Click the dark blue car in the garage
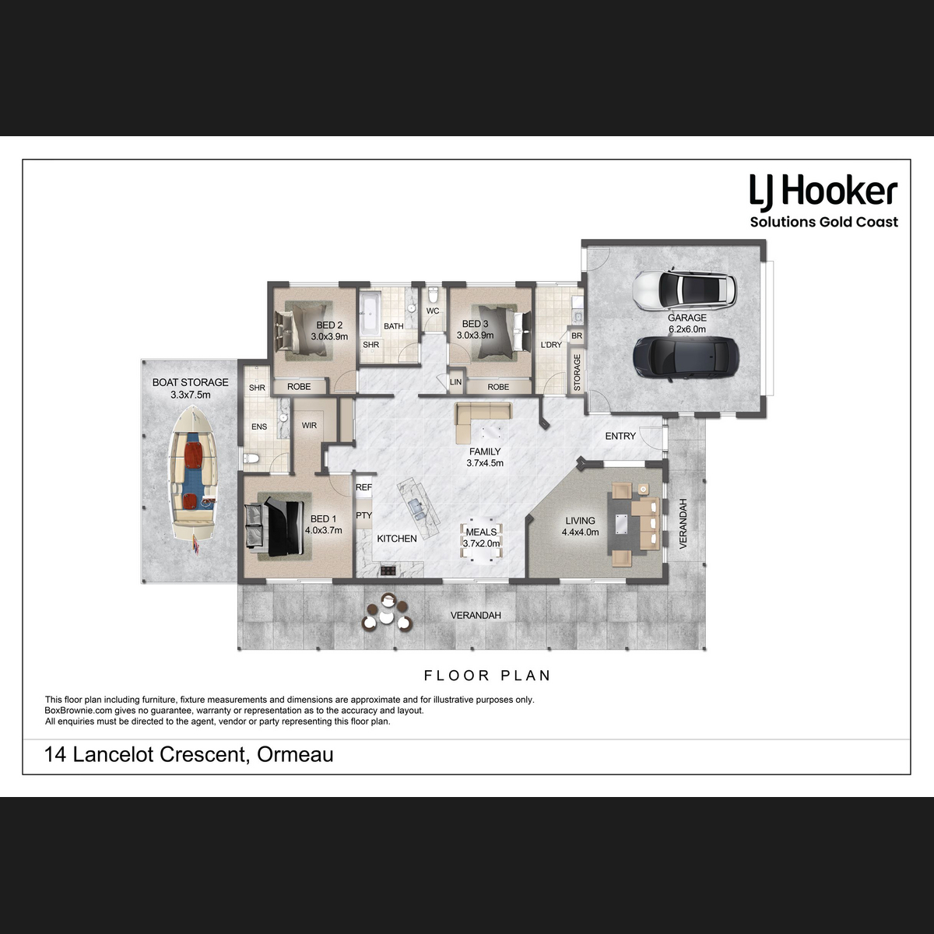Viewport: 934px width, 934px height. (686, 359)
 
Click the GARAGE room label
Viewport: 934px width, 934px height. (686, 318)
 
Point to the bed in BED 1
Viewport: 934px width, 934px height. (278, 528)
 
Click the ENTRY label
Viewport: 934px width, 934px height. (620, 436)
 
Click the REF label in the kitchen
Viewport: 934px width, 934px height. (363, 487)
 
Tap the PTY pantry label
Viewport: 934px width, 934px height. (363, 515)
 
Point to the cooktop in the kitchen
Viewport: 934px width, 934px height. (388, 571)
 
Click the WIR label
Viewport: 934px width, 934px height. (309, 426)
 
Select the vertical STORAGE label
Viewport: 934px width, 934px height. (577, 372)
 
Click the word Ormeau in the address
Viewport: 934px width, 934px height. (295, 755)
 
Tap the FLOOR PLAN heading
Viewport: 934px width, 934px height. (487, 675)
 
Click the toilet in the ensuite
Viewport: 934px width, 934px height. (251, 458)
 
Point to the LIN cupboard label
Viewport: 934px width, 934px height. (455, 382)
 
